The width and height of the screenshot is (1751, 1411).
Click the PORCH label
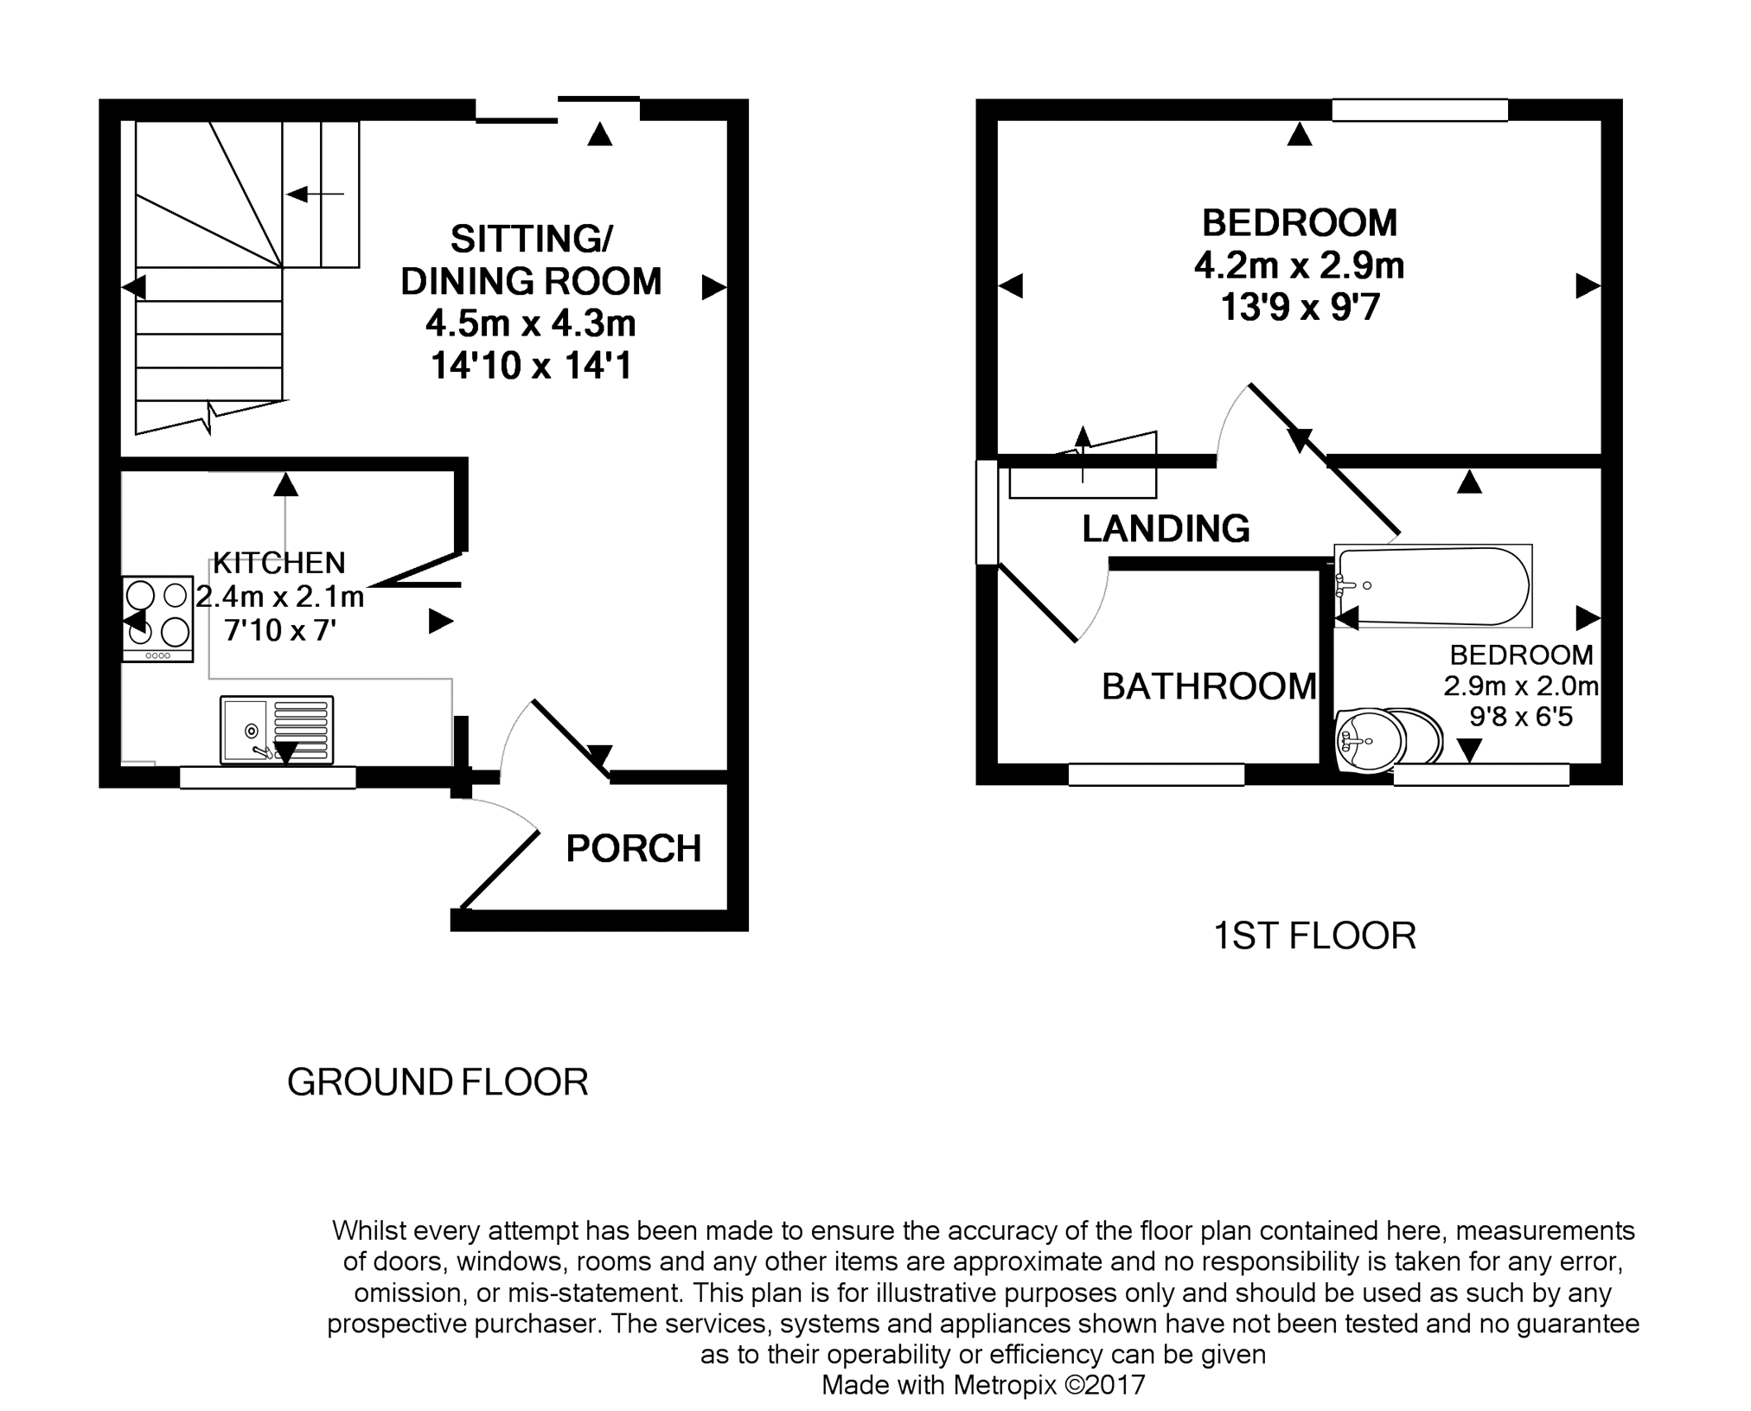point(633,849)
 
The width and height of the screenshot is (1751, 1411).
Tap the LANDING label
point(1166,528)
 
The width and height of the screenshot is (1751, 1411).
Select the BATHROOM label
point(1209,686)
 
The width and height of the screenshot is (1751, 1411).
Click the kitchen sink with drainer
point(277,731)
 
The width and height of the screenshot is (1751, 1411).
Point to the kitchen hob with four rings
point(157,619)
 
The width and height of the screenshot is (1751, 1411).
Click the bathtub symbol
point(1433,585)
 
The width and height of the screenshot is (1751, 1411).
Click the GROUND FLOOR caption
point(438,1082)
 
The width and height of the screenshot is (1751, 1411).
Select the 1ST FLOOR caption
point(1314,936)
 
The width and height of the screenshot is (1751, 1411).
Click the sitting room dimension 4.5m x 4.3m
point(530,323)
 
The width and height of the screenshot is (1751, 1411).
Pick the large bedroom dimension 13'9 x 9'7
point(1300,307)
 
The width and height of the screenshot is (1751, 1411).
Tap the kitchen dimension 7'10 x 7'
point(280,630)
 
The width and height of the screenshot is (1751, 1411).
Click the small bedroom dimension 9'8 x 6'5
point(1521,716)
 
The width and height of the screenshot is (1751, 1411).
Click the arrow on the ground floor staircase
point(315,195)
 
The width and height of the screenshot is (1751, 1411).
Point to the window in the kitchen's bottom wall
point(268,777)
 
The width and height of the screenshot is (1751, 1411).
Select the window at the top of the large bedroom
point(1420,110)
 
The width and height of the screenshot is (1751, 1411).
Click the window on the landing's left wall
point(987,513)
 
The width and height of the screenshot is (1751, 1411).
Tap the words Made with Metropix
point(939,1385)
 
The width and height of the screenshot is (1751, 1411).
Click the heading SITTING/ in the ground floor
point(532,239)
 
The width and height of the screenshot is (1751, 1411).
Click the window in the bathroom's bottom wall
point(1156,774)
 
